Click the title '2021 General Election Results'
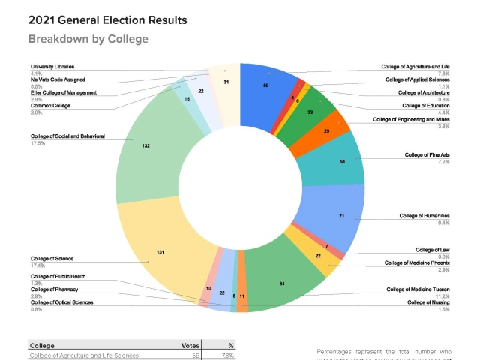click(x=108, y=20)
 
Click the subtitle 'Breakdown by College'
click(x=88, y=39)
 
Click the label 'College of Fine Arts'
click(x=427, y=154)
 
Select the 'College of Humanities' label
click(x=424, y=216)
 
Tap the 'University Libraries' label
click(x=52, y=67)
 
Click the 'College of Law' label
click(x=432, y=249)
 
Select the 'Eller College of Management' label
click(x=63, y=92)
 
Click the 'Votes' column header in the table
click(x=190, y=345)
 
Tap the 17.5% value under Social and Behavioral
click(x=37, y=142)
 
